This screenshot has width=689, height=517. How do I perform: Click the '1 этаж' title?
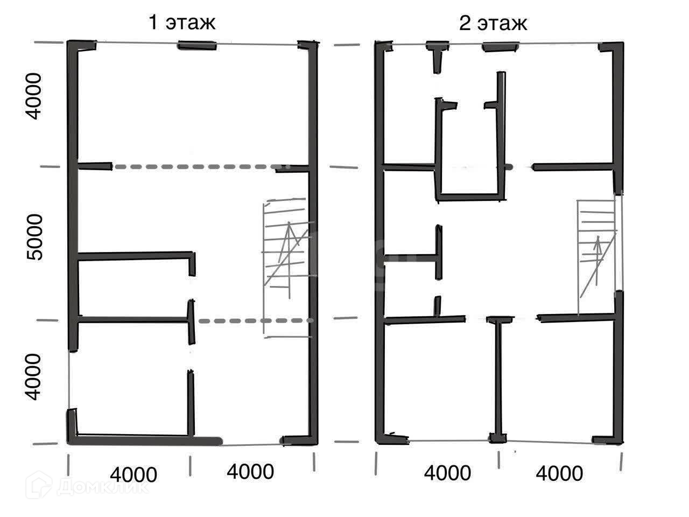click(x=182, y=23)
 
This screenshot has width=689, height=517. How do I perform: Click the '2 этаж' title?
click(x=493, y=24)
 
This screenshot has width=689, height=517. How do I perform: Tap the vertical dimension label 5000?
click(x=35, y=237)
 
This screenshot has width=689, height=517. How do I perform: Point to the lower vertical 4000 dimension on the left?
click(x=33, y=377)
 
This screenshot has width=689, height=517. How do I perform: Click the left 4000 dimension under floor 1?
click(x=133, y=474)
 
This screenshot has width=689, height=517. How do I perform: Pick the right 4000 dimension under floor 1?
click(x=250, y=472)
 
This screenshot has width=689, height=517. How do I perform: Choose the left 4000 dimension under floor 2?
click(x=447, y=473)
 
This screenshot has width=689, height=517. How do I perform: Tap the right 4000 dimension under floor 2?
click(x=559, y=473)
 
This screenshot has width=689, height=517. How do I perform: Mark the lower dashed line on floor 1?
click(x=253, y=321)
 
